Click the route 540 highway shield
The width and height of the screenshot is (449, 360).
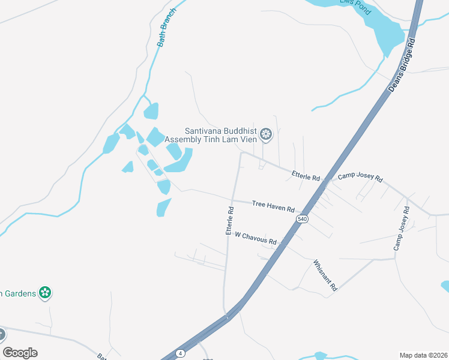pyautogui.click(x=302, y=220)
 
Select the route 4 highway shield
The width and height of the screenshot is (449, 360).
pyautogui.click(x=179, y=353)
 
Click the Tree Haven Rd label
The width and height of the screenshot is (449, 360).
pyautogui.click(x=273, y=206)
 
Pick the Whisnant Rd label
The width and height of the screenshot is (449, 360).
pyautogui.click(x=325, y=275)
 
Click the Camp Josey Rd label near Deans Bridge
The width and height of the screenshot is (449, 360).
pyautogui.click(x=360, y=177)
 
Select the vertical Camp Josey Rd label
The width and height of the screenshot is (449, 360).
pyautogui.click(x=401, y=228)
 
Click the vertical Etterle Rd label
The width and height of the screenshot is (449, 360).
pyautogui.click(x=229, y=221)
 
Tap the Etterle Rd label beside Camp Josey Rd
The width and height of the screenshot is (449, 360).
pyautogui.click(x=306, y=175)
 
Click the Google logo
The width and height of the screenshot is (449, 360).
pyautogui.click(x=20, y=353)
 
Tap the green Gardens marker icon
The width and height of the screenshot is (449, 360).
pyautogui.click(x=44, y=293)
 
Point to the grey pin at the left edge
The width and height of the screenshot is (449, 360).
pyautogui.click(x=2, y=335)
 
